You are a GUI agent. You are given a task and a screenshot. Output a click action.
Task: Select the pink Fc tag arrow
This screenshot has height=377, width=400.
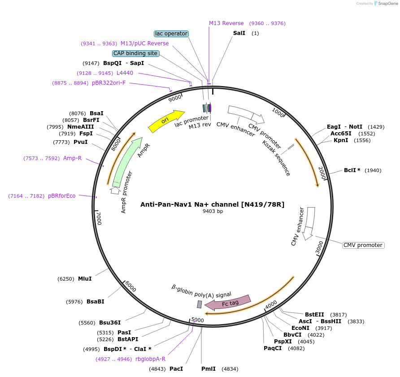(x=227, y=303)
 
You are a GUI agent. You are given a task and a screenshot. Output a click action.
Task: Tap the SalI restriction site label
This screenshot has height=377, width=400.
(x=239, y=33)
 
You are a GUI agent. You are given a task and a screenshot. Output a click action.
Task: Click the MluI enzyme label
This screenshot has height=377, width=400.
(x=85, y=279)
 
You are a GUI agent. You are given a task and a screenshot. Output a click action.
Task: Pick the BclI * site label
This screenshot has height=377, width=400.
(x=352, y=170)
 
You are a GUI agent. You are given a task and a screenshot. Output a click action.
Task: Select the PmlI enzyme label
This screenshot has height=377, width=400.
(x=209, y=369)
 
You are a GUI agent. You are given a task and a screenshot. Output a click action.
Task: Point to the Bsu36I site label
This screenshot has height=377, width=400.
(x=110, y=323)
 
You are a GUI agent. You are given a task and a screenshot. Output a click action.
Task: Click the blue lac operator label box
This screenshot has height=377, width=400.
(x=171, y=34)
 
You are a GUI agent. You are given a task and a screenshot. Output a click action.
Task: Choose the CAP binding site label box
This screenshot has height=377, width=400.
(x=135, y=53)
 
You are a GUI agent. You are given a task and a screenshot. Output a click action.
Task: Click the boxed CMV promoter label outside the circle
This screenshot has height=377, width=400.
(x=363, y=245)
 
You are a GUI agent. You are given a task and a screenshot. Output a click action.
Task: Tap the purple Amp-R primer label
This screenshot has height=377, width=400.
(x=72, y=158)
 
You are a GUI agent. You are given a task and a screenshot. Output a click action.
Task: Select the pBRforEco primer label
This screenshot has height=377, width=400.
(x=62, y=195)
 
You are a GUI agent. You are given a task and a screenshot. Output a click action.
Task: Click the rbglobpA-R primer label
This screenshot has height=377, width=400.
(x=150, y=359)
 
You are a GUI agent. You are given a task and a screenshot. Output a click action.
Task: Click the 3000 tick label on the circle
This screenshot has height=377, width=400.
(x=319, y=247)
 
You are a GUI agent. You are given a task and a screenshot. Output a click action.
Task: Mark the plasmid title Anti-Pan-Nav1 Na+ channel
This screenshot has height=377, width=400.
(x=212, y=204)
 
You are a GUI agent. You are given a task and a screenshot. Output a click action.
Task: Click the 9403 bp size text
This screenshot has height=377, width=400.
(x=213, y=211)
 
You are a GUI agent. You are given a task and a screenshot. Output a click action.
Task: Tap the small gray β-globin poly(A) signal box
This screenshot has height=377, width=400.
(x=200, y=304)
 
